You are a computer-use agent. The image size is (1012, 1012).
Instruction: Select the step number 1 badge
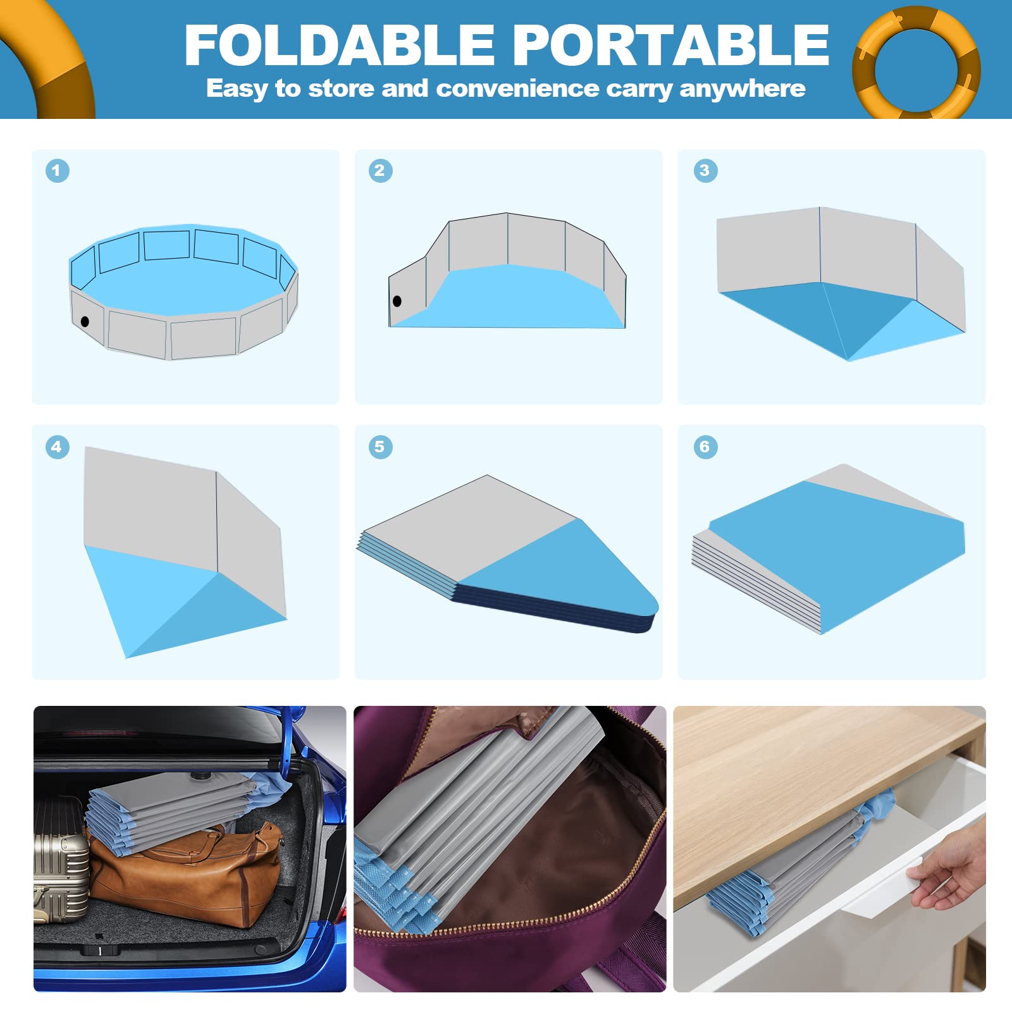tap(57, 170)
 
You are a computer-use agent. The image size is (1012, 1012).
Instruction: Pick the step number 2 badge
tap(380, 170)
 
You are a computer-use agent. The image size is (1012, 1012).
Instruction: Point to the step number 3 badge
tap(705, 170)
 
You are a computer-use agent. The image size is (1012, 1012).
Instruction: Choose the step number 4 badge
tap(57, 447)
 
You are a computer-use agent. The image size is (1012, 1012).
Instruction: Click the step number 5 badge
tap(380, 447)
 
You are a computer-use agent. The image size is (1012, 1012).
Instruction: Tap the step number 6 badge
tap(705, 447)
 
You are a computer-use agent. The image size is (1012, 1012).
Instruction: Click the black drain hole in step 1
tap(85, 322)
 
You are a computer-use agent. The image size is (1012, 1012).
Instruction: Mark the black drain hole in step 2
tap(397, 301)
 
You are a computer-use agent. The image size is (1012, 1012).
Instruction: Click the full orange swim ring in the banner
tap(916, 62)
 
